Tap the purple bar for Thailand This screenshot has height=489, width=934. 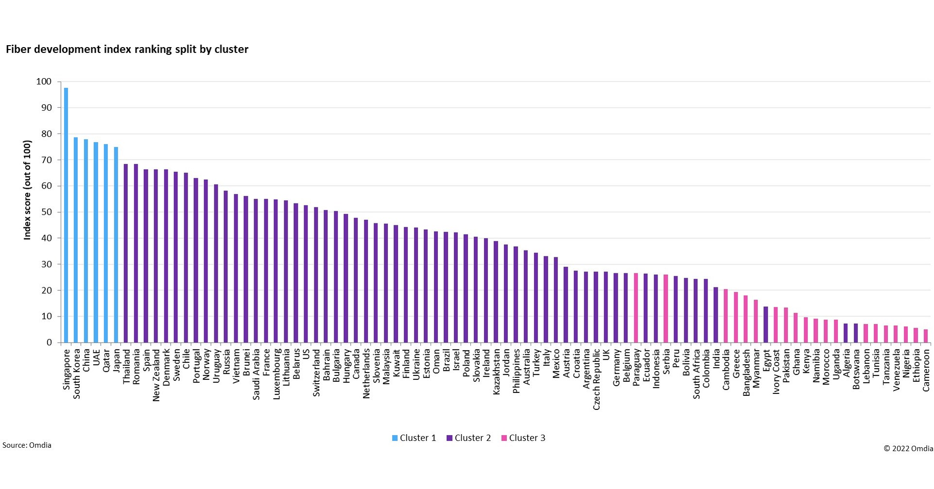tap(126, 253)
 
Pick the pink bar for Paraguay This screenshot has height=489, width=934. tap(636, 308)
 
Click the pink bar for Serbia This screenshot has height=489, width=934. tap(666, 308)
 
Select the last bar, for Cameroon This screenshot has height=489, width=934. tap(926, 336)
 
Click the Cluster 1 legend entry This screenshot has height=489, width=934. tap(414, 438)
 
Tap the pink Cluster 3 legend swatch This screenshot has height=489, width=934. tap(504, 438)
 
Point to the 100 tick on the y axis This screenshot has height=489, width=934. tap(44, 82)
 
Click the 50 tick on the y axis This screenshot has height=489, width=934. tap(46, 212)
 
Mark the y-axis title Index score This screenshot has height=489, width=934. tap(28, 190)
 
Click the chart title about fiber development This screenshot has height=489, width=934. tap(127, 50)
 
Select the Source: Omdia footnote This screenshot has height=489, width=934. tap(27, 445)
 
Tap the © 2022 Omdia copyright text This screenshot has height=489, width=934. tap(908, 449)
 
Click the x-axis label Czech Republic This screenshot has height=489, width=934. tap(596, 379)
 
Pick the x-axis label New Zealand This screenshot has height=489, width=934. tap(156, 375)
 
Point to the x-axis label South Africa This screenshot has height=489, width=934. tap(696, 374)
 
